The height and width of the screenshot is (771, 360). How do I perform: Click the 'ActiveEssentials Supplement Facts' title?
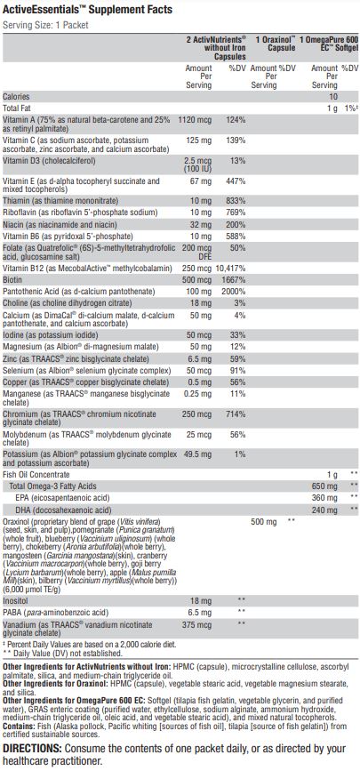[87, 10]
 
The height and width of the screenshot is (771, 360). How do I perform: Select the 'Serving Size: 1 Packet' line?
[45, 25]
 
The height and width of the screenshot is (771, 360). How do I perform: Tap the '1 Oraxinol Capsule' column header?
[276, 44]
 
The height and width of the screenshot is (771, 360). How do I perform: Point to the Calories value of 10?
[333, 97]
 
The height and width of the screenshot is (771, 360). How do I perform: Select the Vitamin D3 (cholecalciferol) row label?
[49, 161]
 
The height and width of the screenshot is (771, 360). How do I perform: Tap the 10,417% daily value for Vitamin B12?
[230, 268]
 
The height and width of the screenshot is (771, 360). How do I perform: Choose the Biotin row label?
[12, 280]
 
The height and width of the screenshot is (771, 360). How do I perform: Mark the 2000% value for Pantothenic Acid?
[234, 292]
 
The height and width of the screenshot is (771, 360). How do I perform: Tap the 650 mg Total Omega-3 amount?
[325, 486]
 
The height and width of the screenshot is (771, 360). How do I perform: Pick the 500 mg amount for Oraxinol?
[264, 522]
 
